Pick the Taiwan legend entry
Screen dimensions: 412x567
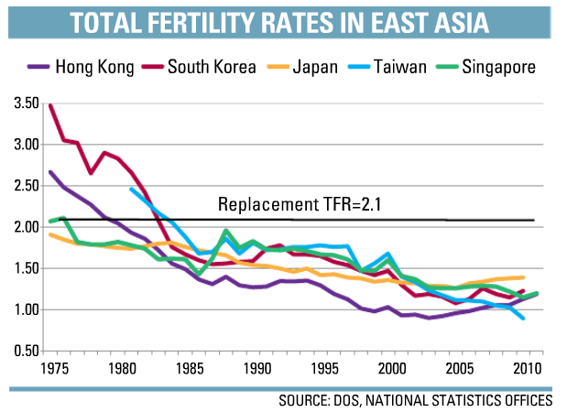click(408, 66)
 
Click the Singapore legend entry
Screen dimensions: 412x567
click(500, 66)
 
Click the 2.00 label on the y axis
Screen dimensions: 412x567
click(27, 228)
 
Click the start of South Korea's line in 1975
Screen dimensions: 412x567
click(49, 105)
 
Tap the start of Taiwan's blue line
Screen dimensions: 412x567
click(131, 189)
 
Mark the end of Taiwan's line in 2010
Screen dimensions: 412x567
click(524, 319)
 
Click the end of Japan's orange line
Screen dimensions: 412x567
click(524, 277)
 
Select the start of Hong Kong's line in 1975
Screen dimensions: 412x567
click(49, 171)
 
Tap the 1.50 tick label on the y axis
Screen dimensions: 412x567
click(27, 269)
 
